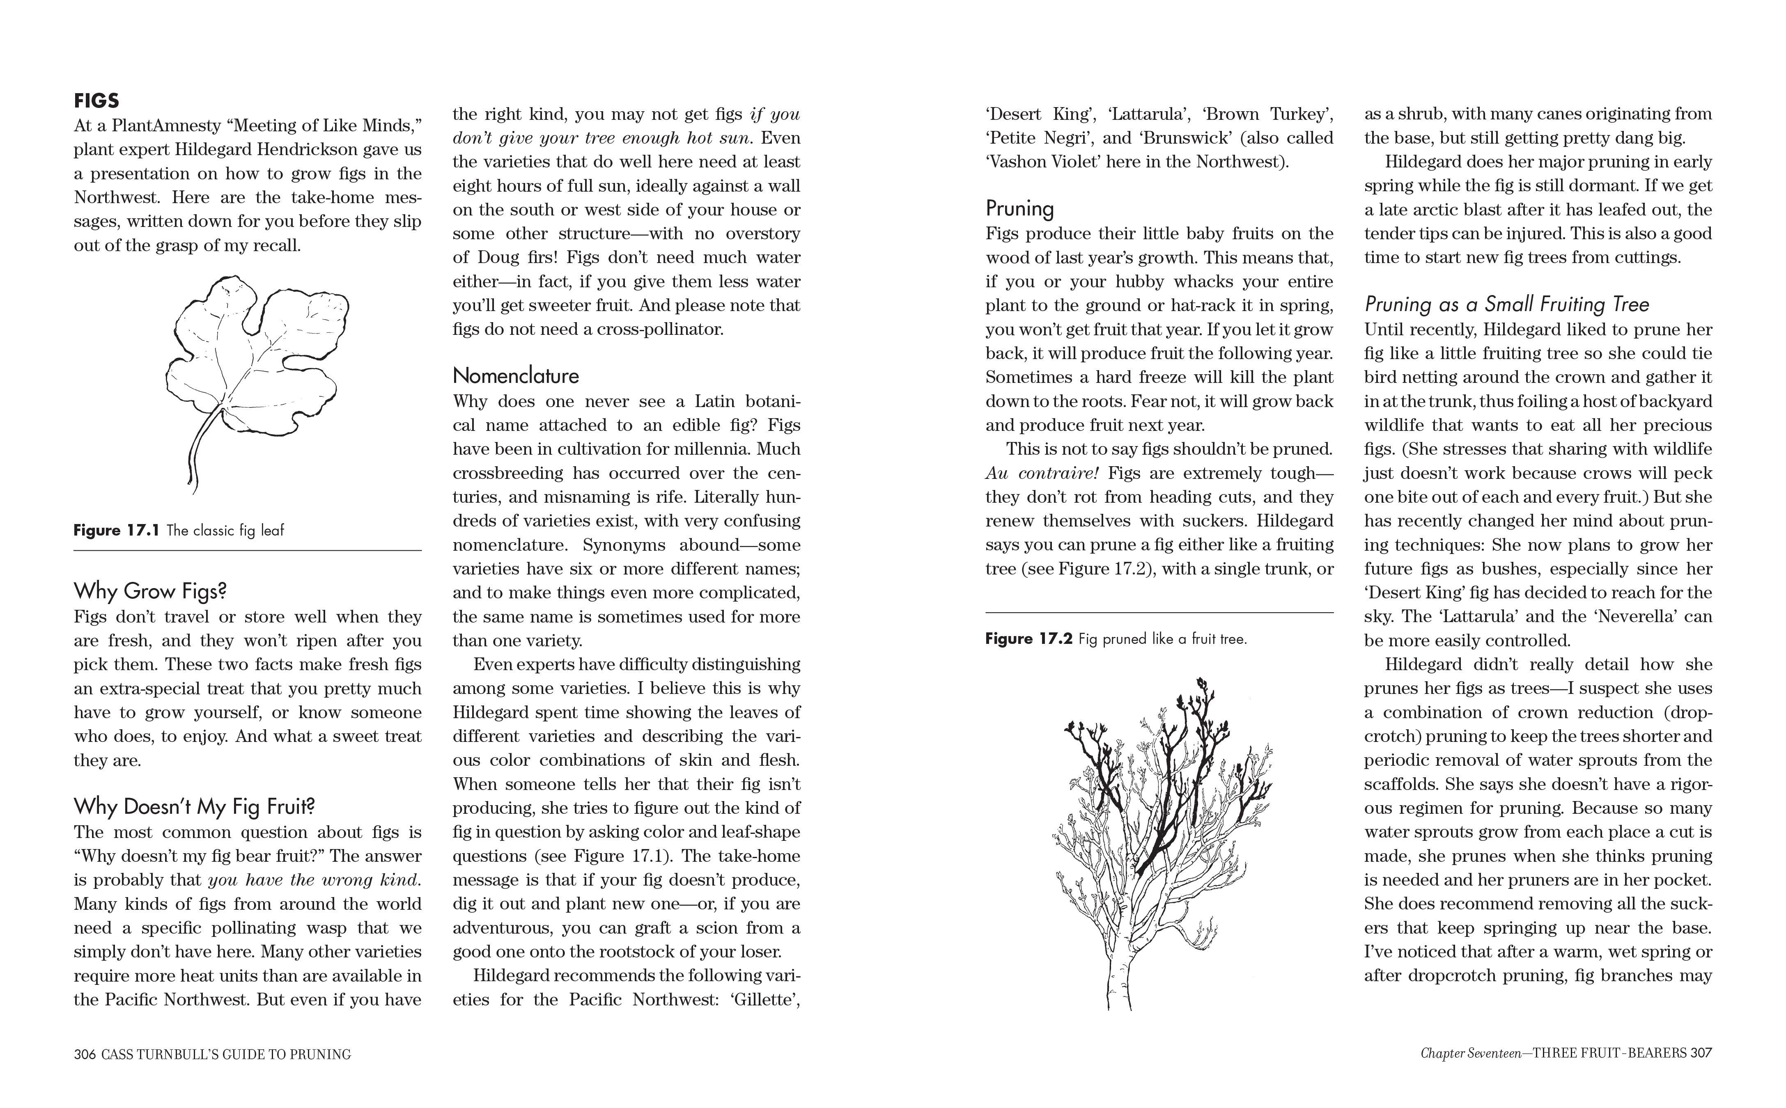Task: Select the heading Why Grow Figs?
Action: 150,591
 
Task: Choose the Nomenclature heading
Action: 515,376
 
